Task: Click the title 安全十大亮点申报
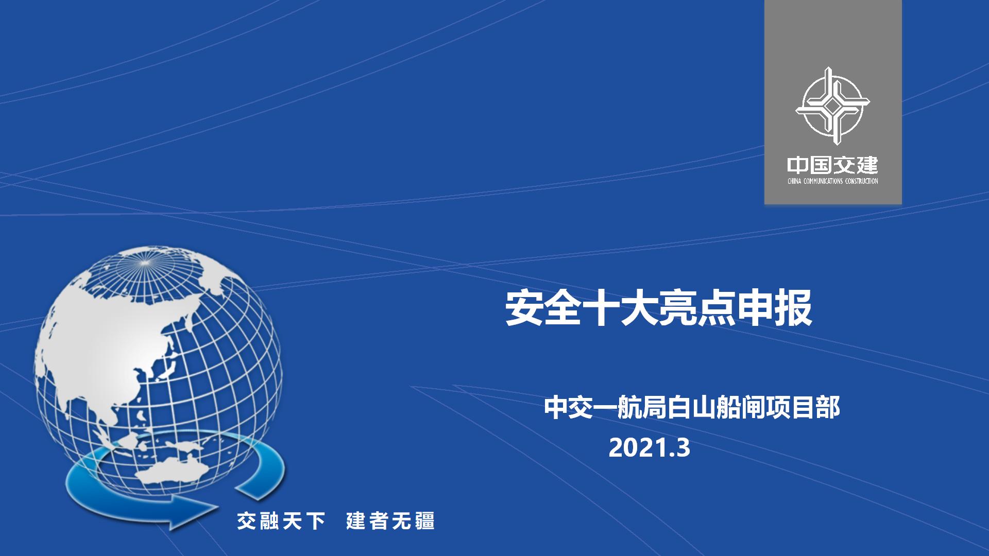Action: click(659, 309)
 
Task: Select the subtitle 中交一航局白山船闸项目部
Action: click(692, 407)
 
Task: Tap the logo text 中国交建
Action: click(832, 166)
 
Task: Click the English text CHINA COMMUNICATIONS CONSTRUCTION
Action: click(832, 181)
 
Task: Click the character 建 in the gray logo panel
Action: click(867, 166)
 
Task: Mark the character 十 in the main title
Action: click(601, 309)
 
